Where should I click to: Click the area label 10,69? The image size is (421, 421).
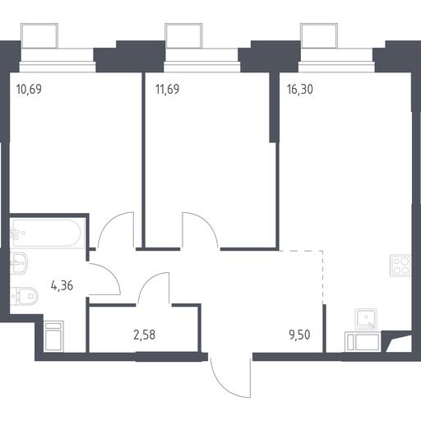point(29,90)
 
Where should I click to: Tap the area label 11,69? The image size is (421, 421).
point(167,90)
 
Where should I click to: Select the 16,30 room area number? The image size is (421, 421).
point(300,90)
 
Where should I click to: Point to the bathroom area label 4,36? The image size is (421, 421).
point(62,285)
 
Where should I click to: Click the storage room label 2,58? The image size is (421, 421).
point(145,335)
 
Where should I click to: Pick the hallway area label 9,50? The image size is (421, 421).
point(299,335)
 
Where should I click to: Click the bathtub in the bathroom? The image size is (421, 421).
point(45,233)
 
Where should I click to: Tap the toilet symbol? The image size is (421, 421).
point(24,296)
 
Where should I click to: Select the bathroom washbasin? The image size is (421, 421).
point(19,263)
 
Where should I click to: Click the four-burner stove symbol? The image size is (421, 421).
point(400,266)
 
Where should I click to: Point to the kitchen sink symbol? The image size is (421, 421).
point(366,319)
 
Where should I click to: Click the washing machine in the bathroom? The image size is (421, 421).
point(53,336)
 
